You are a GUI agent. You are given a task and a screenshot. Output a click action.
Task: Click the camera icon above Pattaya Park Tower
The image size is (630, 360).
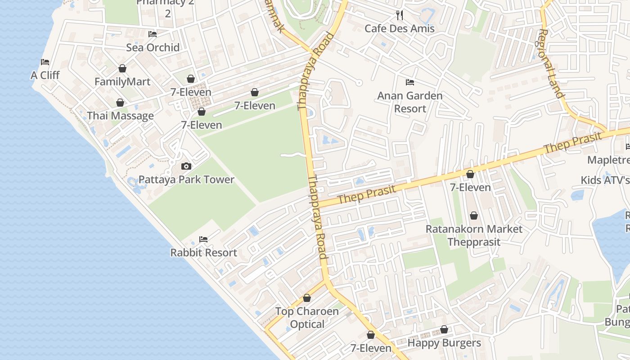tap(186, 166)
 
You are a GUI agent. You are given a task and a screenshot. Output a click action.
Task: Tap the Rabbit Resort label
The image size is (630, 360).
tap(203, 252)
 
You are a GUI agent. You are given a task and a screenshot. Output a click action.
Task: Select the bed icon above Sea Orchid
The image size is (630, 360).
tap(153, 34)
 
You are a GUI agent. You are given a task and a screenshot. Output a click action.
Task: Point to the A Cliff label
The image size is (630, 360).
tap(45, 75)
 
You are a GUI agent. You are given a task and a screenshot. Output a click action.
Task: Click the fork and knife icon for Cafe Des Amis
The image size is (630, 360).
tap(400, 15)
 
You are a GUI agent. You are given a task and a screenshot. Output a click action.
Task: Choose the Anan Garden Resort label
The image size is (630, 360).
tap(409, 102)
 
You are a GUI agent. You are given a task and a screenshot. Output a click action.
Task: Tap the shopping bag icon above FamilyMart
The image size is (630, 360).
tap(122, 68)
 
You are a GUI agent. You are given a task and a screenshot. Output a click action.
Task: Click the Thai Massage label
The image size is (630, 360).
tap(120, 116)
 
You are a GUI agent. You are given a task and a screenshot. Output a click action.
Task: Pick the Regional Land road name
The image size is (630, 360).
tap(551, 63)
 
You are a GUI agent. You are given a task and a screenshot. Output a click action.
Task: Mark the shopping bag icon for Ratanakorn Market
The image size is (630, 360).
tap(474, 216)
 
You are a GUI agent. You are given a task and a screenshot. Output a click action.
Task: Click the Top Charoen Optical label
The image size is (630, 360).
tap(307, 318)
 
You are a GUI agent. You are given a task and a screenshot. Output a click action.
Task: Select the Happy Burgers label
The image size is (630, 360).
tap(444, 343)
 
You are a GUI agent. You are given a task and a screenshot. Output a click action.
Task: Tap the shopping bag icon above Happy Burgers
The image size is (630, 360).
tap(444, 329)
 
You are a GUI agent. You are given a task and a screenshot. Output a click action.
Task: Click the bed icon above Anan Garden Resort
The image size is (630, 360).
tap(409, 82)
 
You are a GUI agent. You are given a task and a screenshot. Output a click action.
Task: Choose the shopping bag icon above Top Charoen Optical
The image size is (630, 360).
tap(307, 298)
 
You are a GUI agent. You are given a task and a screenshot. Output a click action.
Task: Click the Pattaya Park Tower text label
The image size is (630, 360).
tap(186, 180)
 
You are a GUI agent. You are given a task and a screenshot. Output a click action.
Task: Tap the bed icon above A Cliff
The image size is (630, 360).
tap(45, 62)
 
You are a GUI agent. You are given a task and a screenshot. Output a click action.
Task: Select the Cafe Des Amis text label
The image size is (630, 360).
tap(400, 28)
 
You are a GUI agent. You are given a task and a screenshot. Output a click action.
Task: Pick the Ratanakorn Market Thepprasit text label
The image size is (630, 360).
tap(474, 235)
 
